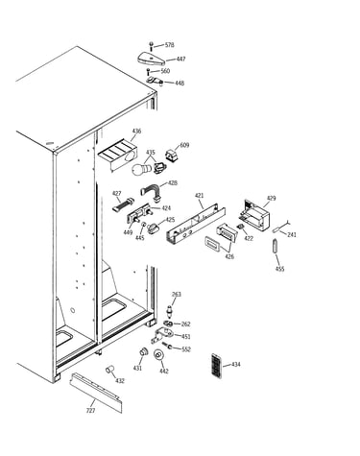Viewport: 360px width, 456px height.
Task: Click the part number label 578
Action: click(x=170, y=45)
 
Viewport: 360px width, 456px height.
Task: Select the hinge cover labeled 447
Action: click(x=151, y=58)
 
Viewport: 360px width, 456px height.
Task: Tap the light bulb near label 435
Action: click(x=142, y=169)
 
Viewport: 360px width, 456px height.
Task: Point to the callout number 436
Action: click(x=136, y=131)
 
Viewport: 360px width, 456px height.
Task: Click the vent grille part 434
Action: click(x=217, y=366)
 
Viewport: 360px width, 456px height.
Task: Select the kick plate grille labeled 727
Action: click(x=96, y=393)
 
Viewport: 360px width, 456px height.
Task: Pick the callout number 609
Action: click(x=184, y=145)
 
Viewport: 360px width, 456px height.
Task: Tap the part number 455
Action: click(x=279, y=269)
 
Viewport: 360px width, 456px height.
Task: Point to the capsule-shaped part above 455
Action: click(x=275, y=247)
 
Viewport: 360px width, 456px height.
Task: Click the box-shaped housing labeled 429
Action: click(x=257, y=215)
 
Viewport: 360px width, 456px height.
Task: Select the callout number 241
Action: click(x=292, y=234)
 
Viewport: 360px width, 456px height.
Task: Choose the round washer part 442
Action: click(x=157, y=355)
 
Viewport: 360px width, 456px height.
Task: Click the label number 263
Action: click(x=177, y=294)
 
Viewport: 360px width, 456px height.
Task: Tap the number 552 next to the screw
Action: click(x=186, y=349)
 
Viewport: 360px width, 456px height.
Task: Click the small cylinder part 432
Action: click(x=110, y=369)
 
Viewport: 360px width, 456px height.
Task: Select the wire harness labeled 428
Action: click(x=151, y=193)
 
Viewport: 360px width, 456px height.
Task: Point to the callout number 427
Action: click(x=117, y=194)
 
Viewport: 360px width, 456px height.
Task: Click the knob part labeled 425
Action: click(x=153, y=228)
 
